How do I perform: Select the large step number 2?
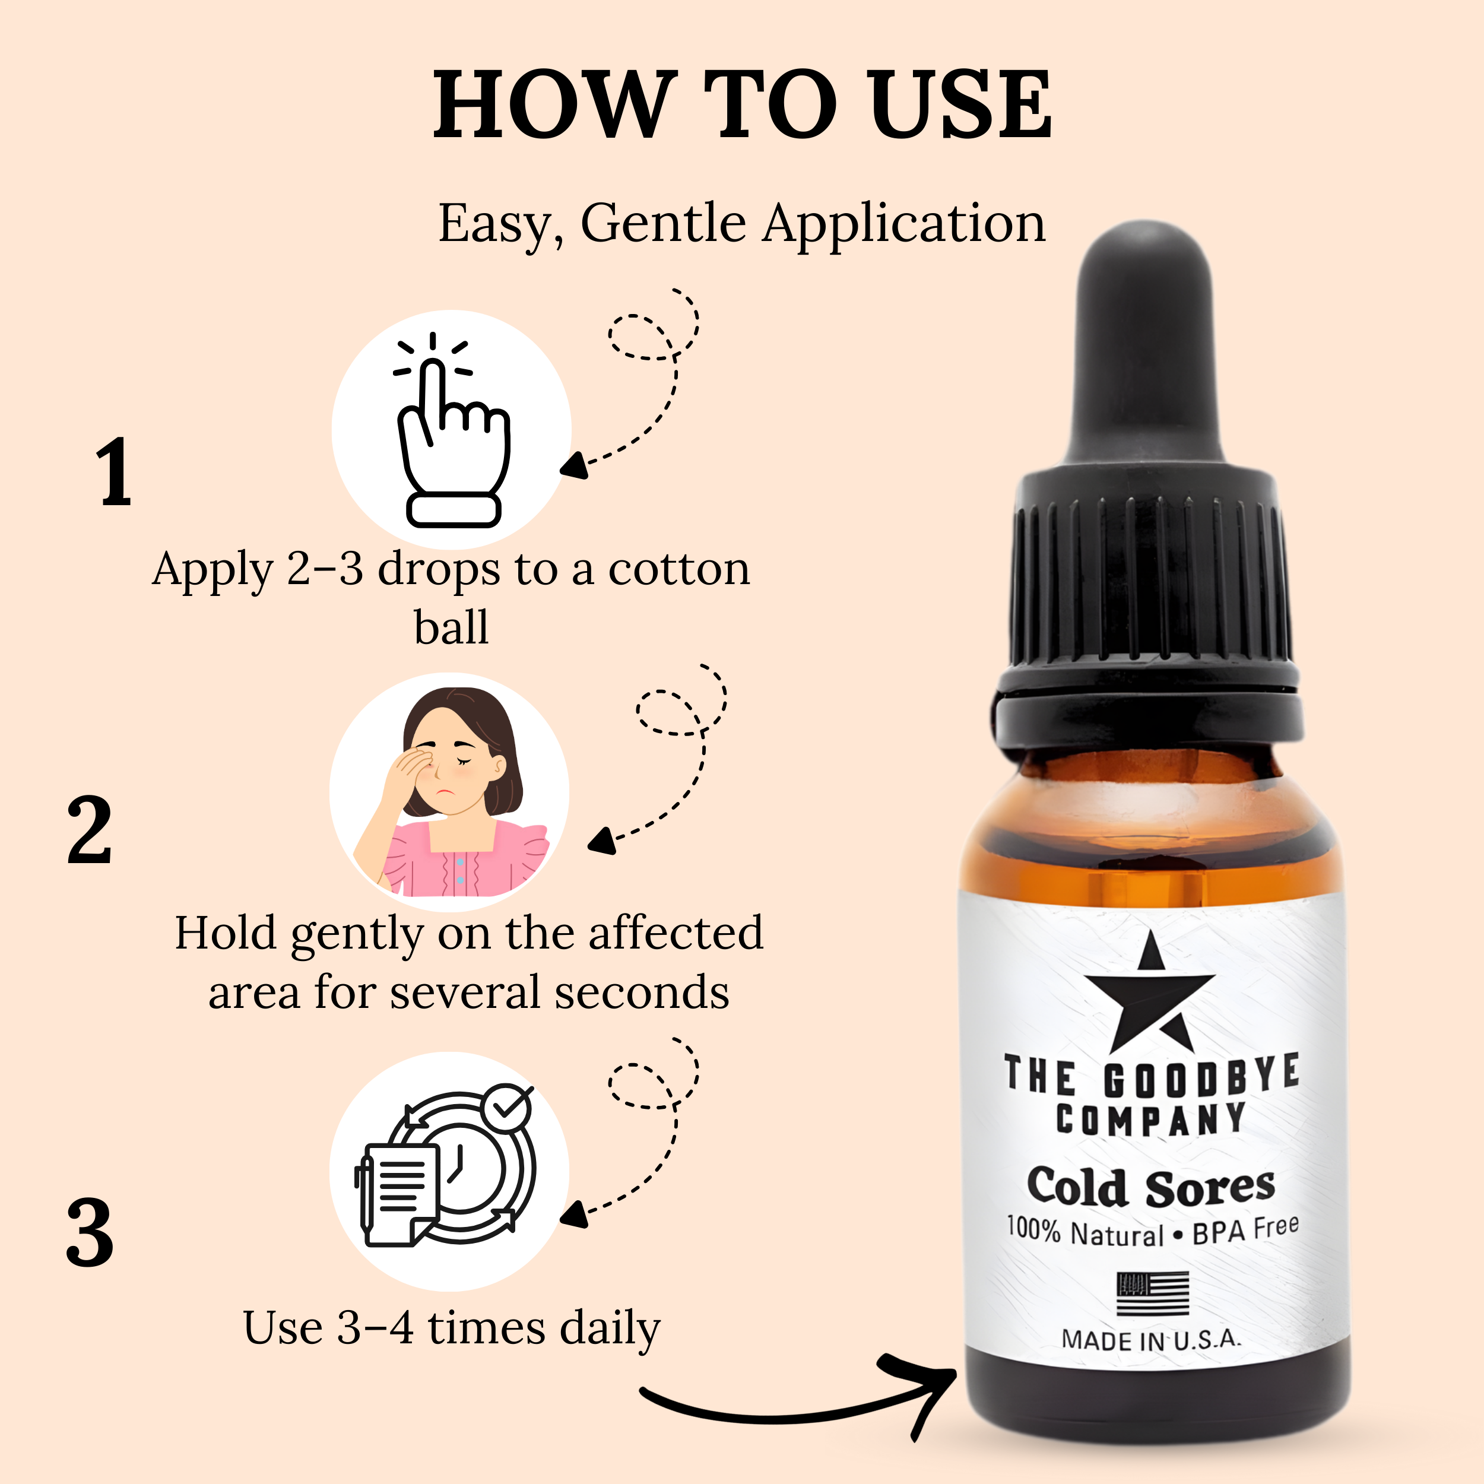pos(90,832)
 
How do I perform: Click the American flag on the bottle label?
pos(1152,1293)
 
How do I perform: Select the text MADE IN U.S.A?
pos(1150,1340)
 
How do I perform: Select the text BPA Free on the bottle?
pos(1244,1231)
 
